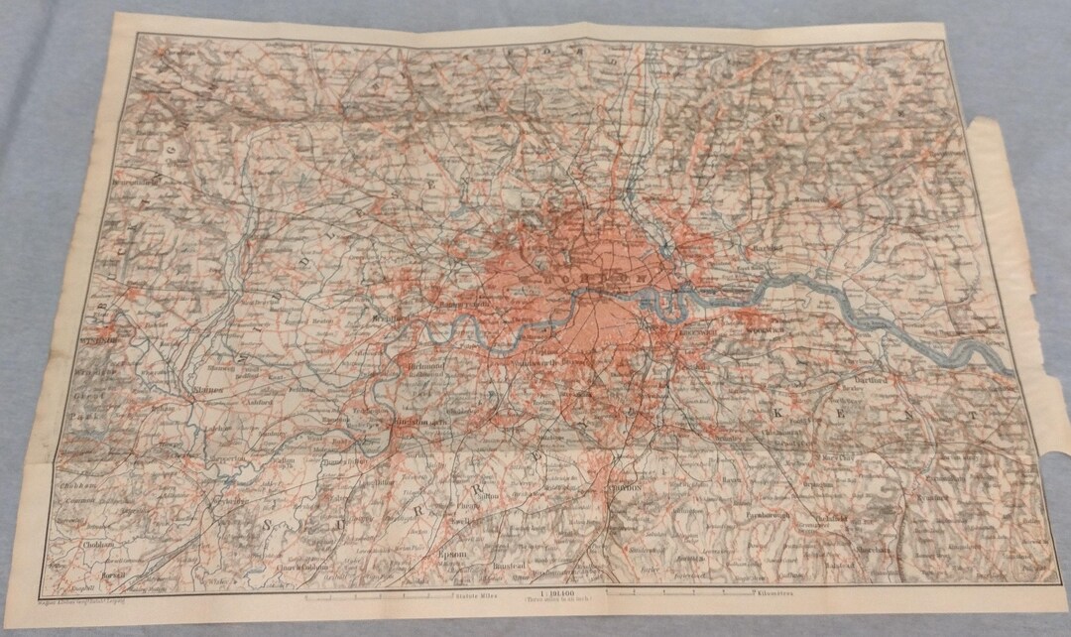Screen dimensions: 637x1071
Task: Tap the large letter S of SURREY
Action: pyautogui.click(x=271, y=526)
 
